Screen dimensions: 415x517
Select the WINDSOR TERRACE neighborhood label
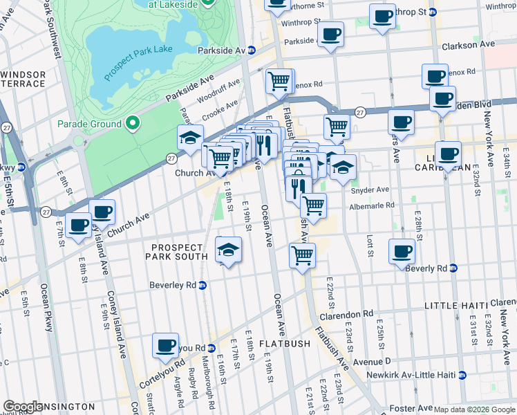pyautogui.click(x=23, y=79)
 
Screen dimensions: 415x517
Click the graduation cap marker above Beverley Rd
pyautogui.click(x=229, y=250)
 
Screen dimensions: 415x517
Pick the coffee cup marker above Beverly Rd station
pyautogui.click(x=402, y=251)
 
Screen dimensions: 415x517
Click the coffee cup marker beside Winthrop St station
pyautogui.click(x=382, y=17)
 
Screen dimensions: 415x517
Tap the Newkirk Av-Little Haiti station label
pyautogui.click(x=421, y=375)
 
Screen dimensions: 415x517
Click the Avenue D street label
pyautogui.click(x=371, y=361)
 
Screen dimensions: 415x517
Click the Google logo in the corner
pyautogui.click(x=23, y=407)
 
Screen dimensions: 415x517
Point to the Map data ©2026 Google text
pyautogui.click(x=474, y=409)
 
